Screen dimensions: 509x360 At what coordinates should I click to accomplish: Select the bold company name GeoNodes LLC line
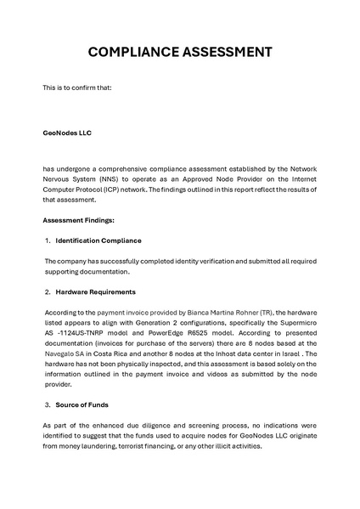[67, 133]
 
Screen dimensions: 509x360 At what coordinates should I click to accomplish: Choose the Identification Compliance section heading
[98, 240]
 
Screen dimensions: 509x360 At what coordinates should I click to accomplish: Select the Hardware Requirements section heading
[93, 291]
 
